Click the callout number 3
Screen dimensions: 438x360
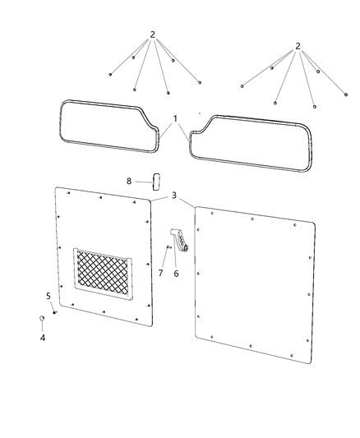pos(173,196)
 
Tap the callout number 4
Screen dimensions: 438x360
pos(43,337)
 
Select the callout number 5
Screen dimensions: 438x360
pos(48,296)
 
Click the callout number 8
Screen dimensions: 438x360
pos(129,181)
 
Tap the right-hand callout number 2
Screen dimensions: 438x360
pos(298,46)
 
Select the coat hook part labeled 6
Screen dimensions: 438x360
pos(180,238)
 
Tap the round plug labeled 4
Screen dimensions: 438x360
pos(42,319)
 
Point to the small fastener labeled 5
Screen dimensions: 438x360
pos(54,312)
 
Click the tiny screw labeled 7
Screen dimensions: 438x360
pos(168,247)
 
